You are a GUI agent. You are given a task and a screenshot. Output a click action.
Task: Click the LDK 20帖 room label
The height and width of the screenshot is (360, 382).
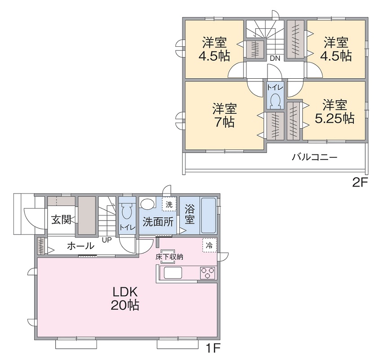tap(125, 298)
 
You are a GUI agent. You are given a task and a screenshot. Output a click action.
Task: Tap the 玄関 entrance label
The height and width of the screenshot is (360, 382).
tap(61, 220)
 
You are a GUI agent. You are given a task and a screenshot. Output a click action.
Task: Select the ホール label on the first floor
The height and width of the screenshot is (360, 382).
tap(80, 246)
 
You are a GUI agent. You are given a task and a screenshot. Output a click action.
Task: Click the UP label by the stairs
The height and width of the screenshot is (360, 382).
tap(107, 240)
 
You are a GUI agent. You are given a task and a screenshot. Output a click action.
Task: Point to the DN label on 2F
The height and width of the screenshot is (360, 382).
tap(275, 58)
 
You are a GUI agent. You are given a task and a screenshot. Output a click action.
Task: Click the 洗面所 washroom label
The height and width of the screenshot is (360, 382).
tap(158, 222)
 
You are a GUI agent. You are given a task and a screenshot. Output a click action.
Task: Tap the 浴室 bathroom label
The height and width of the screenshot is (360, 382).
tap(190, 214)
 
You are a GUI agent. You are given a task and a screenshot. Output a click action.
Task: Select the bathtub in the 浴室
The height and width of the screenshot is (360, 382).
tap(208, 216)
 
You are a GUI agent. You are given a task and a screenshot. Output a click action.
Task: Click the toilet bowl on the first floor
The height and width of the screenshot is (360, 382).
tap(127, 211)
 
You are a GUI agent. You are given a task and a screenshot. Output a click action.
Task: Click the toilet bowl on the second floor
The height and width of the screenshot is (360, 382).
tap(275, 100)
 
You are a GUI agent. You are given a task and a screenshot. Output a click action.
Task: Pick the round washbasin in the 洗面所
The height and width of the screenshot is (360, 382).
tap(148, 203)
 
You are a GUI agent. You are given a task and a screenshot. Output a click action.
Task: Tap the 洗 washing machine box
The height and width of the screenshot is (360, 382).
tap(169, 204)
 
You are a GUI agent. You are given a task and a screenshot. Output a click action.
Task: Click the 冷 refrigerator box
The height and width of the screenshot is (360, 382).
tap(209, 245)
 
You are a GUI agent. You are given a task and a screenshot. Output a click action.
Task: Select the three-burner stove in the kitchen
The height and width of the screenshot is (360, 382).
tap(208, 273)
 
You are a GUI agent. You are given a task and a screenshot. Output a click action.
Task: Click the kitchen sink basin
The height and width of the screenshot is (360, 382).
tap(173, 273)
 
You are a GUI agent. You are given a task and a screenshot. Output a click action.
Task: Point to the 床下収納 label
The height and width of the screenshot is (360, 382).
tap(169, 256)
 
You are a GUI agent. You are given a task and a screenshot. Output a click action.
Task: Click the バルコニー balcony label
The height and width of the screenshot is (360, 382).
tap(315, 157)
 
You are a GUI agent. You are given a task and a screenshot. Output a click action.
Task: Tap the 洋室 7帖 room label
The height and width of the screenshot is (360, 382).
tap(224, 115)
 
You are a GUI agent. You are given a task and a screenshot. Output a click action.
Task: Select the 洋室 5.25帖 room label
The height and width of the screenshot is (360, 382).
tap(334, 112)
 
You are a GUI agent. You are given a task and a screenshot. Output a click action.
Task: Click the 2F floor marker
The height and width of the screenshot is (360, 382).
tap(360, 182)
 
